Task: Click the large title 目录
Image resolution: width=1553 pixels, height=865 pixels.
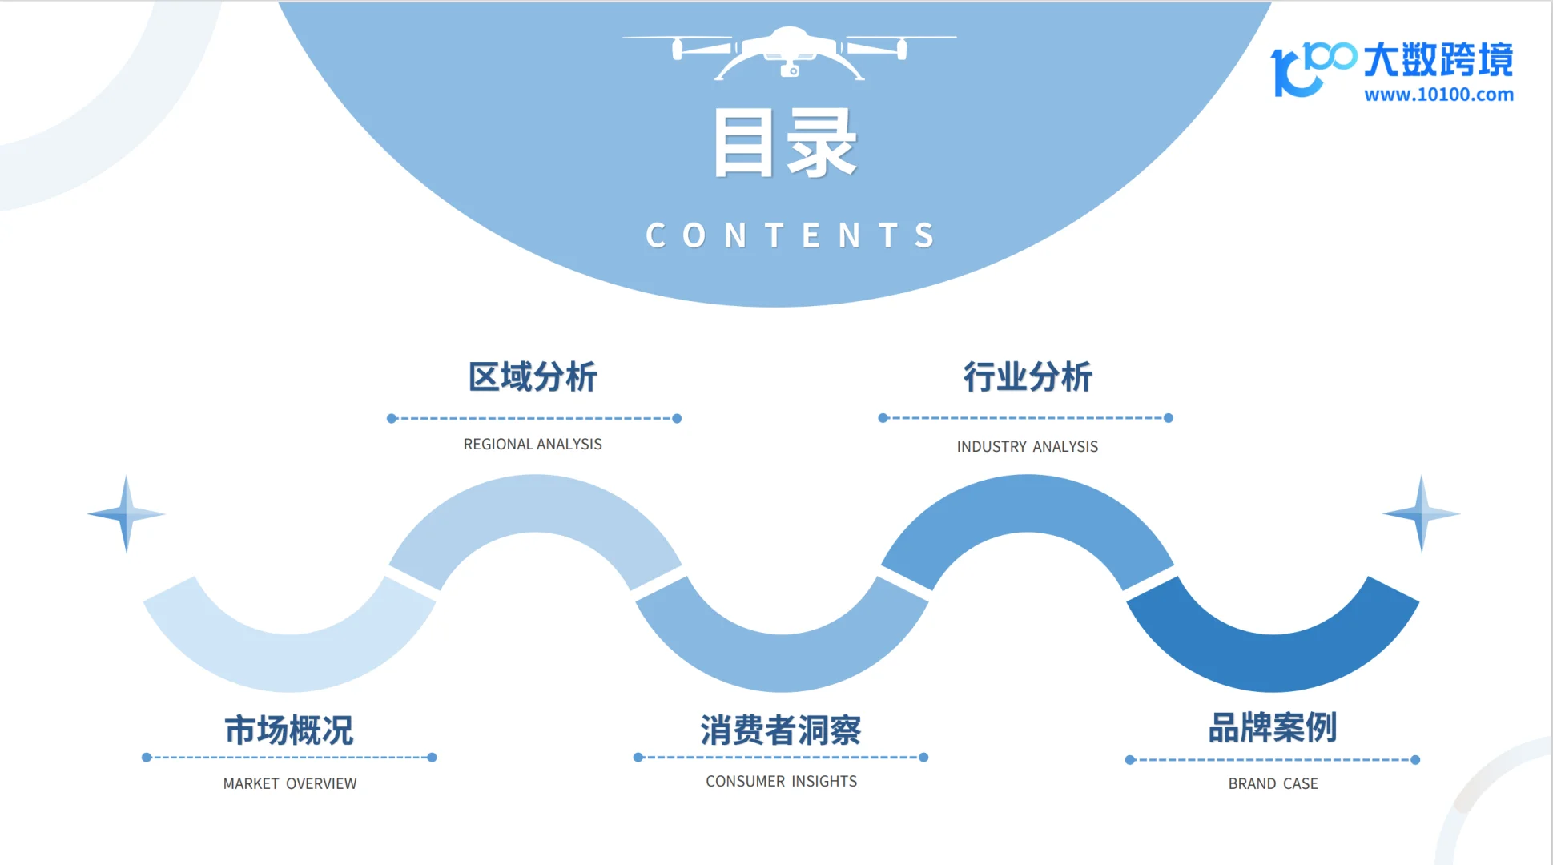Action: pos(786,144)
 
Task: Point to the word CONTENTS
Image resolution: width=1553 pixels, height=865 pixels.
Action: pos(790,236)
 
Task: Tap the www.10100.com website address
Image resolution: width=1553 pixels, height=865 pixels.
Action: pos(1438,95)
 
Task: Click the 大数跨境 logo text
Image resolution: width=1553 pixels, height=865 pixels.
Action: pos(1438,60)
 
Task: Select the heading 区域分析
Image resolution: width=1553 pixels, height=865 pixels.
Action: pos(533,377)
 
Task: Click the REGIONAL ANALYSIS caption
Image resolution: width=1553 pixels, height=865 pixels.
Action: pos(533,445)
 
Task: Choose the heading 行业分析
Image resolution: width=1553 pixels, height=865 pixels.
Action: pos(1028,377)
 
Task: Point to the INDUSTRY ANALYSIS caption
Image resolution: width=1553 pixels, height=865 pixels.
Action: pos(1028,447)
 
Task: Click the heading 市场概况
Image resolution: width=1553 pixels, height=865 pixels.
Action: pos(289,730)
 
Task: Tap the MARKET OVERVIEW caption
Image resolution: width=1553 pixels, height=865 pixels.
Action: pos(290,784)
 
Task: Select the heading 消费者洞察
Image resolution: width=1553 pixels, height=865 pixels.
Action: pos(781,730)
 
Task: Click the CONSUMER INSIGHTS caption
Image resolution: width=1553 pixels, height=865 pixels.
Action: pos(782,782)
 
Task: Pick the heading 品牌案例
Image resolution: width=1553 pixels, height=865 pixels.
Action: pos(1273,728)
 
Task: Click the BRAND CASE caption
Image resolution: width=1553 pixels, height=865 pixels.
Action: pos(1273,784)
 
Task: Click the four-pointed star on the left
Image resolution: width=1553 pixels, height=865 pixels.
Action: pos(127,514)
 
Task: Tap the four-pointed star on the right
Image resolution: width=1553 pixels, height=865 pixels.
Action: pos(1422,514)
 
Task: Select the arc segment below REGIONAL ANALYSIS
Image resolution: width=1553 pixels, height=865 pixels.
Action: pos(535,505)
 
